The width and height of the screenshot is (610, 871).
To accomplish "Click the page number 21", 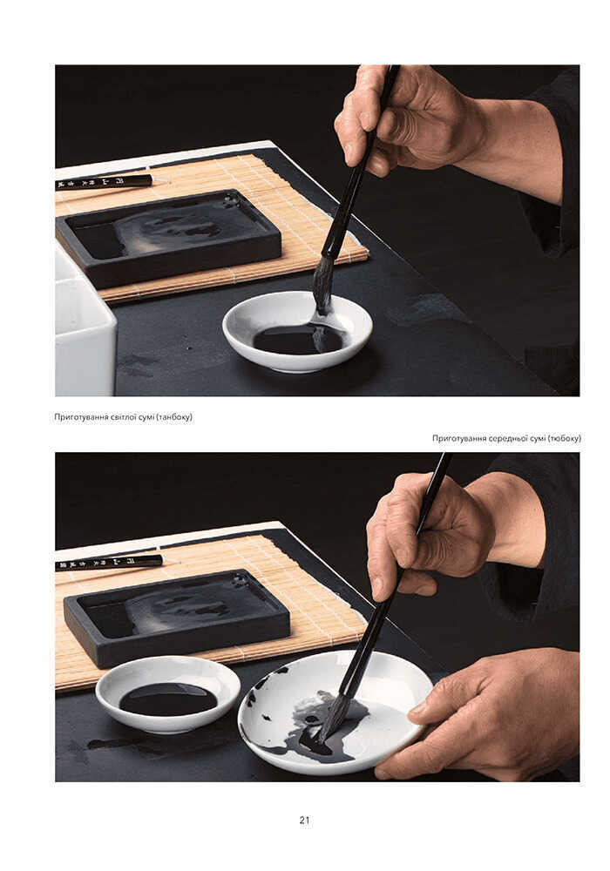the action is pos(304,820).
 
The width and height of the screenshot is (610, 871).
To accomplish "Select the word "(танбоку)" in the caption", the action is pos(174,417).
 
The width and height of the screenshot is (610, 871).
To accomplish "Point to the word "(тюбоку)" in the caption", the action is pos(564,438).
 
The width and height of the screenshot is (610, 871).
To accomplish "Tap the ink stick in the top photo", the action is pos(105,182).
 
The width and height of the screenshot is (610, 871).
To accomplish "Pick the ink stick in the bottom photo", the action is pos(110,562).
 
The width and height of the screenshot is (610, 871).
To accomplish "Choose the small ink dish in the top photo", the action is pos(297,332).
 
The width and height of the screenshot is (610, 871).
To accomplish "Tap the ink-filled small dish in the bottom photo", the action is pos(168,694).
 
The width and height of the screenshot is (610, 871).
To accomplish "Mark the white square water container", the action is pos(84,327).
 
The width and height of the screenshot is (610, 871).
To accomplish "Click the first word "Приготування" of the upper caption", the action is pos(81,417).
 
